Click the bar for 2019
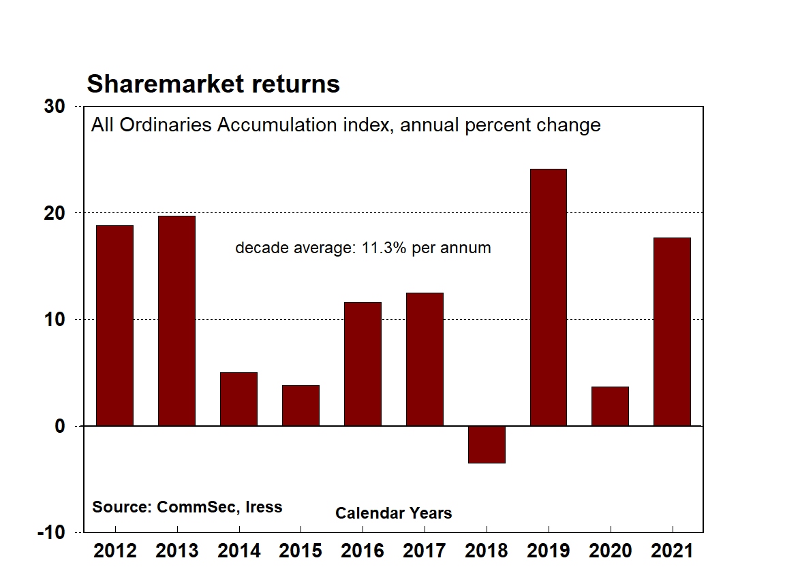[548, 297]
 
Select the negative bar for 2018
[487, 444]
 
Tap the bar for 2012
[114, 325]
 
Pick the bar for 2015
[301, 406]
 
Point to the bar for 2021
[672, 331]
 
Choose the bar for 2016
[363, 364]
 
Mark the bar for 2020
[610, 406]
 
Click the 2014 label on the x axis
[238, 551]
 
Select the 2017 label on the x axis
[424, 551]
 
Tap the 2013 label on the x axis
[176, 551]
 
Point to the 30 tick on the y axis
[55, 107]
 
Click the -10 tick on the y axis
[52, 532]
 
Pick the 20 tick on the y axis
[55, 213]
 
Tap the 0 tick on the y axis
[59, 426]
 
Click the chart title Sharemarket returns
[213, 84]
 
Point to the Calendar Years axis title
[393, 513]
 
